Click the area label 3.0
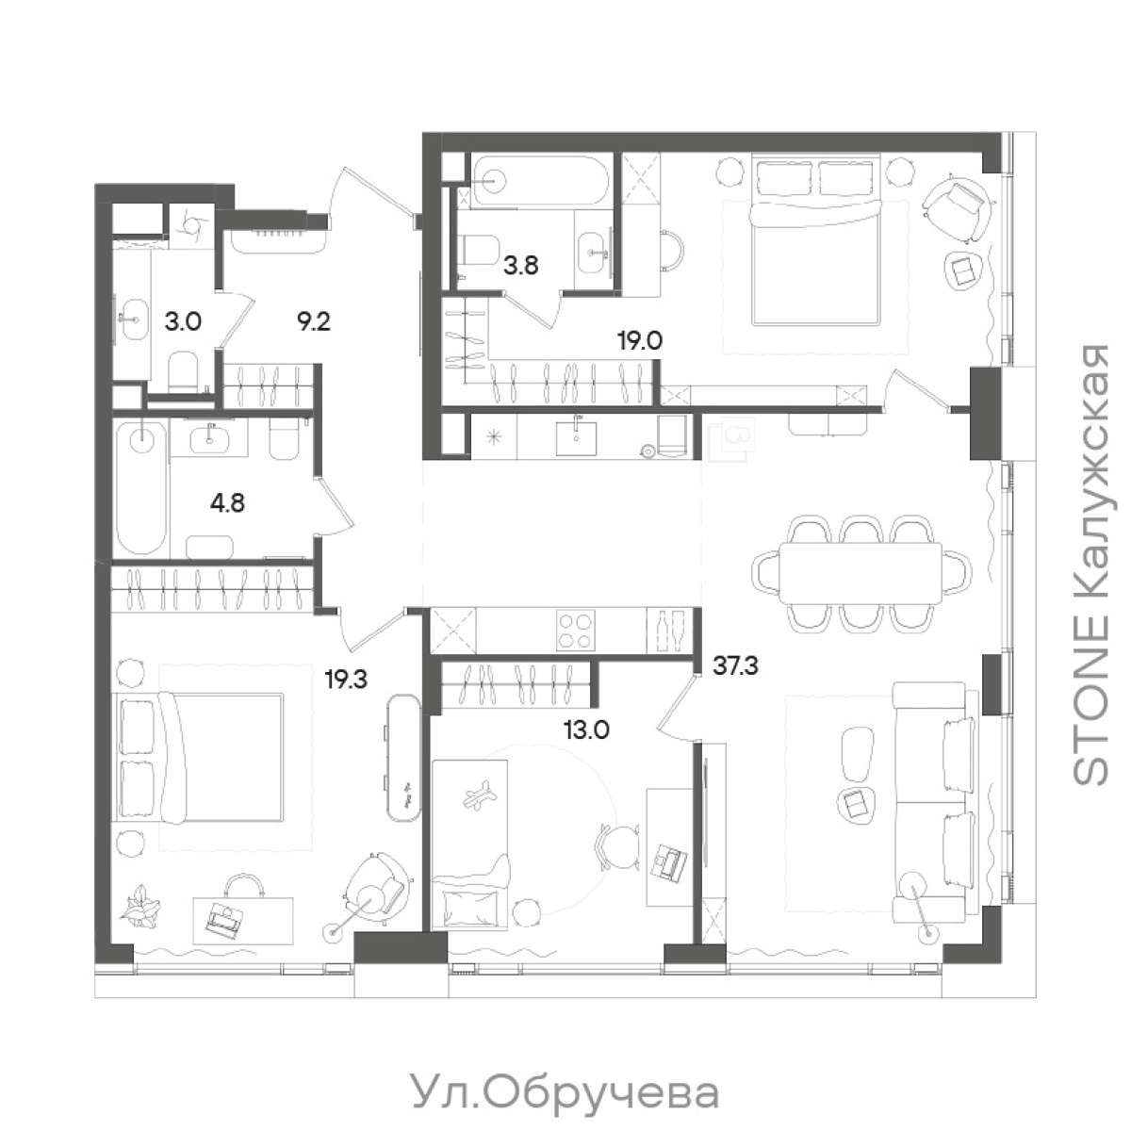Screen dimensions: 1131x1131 (183, 321)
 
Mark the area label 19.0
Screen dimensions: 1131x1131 (639, 340)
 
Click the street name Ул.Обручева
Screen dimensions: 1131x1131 (565, 1093)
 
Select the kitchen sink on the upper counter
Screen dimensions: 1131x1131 (576, 436)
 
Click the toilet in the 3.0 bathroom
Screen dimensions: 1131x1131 (182, 369)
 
